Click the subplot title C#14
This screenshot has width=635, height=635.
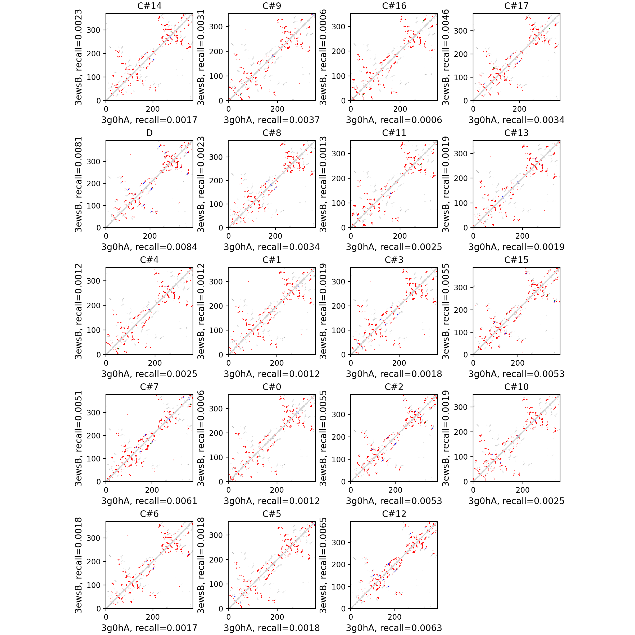(x=149, y=6)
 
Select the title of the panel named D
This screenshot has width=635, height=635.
(x=149, y=133)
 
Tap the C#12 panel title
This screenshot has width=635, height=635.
(x=394, y=514)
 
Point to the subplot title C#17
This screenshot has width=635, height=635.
(x=516, y=6)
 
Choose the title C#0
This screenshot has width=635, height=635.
(x=271, y=387)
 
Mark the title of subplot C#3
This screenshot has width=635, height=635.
(x=394, y=260)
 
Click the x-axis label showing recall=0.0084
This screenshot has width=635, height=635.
(x=149, y=247)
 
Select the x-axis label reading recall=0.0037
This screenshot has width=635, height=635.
(x=271, y=120)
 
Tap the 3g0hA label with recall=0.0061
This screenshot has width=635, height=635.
(x=149, y=501)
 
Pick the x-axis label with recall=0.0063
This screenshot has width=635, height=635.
(x=394, y=628)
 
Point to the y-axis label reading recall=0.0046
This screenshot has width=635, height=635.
(x=445, y=57)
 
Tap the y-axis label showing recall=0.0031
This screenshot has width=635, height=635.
(x=201, y=57)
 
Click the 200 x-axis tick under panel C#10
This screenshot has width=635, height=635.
(x=523, y=490)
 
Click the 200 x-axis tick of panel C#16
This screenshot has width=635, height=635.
(x=400, y=109)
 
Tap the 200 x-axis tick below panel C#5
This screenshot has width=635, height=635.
(x=277, y=617)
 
